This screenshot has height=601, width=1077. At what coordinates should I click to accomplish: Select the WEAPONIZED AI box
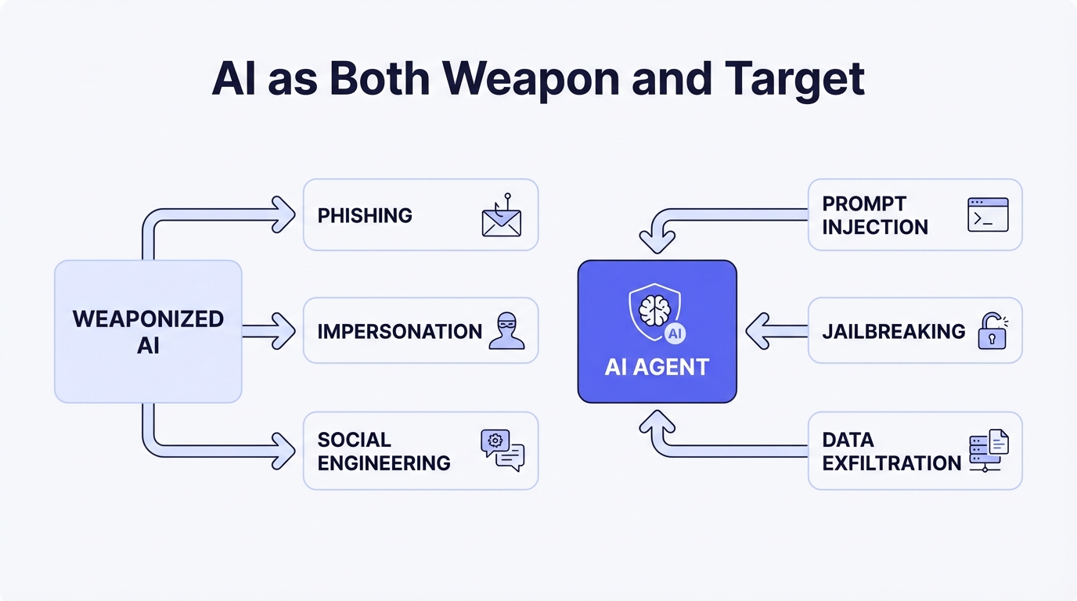(148, 331)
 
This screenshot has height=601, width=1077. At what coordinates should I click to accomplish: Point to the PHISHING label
(365, 215)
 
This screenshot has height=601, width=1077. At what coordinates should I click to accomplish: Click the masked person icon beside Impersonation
(506, 330)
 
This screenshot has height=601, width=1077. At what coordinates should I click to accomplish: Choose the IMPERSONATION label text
(399, 331)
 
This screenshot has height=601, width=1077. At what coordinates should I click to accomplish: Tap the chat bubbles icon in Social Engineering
(502, 450)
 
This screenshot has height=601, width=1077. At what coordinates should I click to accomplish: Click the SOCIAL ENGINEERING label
(384, 451)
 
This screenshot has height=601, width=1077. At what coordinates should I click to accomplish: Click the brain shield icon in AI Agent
(654, 312)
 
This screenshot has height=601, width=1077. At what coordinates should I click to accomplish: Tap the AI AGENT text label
(657, 367)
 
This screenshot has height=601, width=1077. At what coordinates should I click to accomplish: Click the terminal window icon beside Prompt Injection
(988, 214)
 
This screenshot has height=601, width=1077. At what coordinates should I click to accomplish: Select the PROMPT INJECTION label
(874, 215)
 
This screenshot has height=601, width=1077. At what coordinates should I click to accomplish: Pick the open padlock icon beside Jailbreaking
(992, 330)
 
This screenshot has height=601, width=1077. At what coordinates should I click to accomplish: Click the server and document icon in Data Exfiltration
(989, 450)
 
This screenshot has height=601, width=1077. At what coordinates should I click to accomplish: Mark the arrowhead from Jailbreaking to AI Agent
(758, 331)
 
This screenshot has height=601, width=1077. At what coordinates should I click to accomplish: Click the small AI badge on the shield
(675, 334)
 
